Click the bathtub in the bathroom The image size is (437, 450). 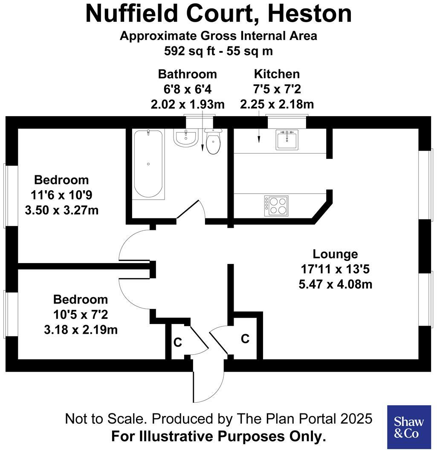148,164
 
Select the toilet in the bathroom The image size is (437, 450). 213,142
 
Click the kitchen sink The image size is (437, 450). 287,139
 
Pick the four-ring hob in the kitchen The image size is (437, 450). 276,206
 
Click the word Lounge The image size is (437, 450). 335,254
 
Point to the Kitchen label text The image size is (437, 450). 277,74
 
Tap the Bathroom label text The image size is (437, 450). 187,74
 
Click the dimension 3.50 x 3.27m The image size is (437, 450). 62,210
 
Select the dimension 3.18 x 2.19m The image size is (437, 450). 81,330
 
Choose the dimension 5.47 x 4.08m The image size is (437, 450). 336,284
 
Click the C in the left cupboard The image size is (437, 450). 178,342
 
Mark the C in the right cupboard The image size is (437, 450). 245,339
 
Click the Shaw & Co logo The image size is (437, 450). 408,427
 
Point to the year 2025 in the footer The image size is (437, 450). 356,419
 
